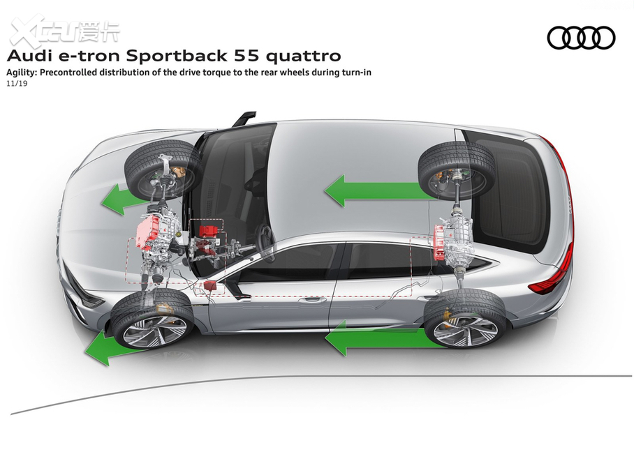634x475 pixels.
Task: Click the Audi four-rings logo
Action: tap(581, 38)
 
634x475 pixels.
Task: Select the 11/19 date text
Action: tap(17, 83)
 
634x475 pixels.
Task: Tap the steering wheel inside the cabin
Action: tap(265, 237)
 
